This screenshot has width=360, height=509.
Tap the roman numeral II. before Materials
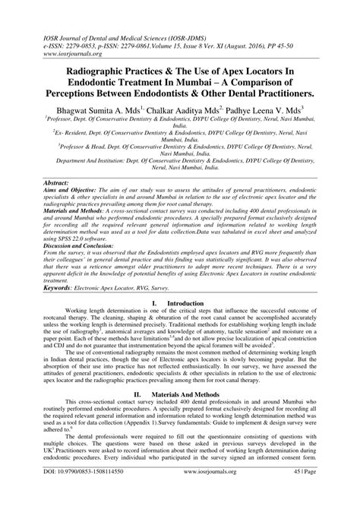tap(138, 417)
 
